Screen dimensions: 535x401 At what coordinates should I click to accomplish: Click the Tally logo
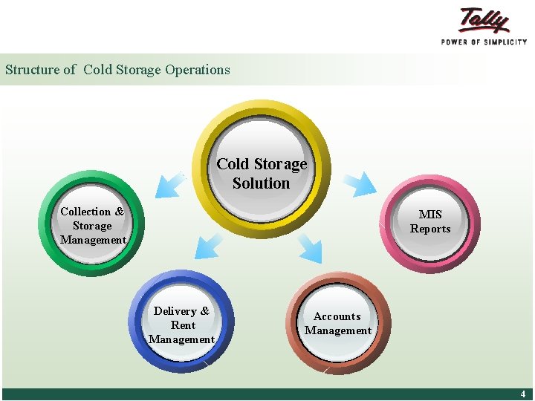click(484, 20)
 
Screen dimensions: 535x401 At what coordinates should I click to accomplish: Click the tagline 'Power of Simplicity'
click(484, 42)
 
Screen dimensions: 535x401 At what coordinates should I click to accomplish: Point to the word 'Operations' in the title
click(198, 70)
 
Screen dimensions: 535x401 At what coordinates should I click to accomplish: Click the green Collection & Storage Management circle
click(92, 224)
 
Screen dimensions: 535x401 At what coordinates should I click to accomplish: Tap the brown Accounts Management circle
click(339, 324)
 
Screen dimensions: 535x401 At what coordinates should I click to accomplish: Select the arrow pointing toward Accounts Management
click(310, 249)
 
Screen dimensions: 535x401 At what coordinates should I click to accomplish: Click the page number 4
click(522, 394)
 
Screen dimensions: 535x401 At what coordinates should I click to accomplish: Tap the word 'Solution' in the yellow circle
click(261, 183)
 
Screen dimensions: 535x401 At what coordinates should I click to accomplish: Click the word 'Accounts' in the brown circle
click(337, 316)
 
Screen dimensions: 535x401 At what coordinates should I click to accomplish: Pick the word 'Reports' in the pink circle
click(430, 229)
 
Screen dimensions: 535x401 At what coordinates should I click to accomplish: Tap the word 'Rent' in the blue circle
click(183, 325)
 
